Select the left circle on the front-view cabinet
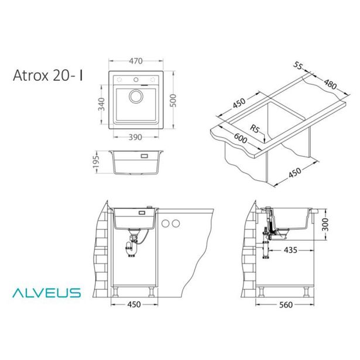[x=166, y=223]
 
